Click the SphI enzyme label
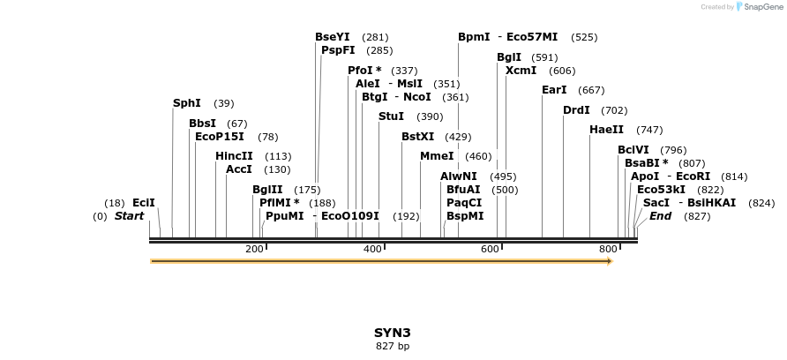click(187, 103)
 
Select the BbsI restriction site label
click(202, 124)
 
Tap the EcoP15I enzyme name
click(220, 137)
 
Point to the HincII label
click(234, 156)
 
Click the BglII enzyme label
click(267, 190)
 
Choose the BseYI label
click(333, 37)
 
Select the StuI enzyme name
click(392, 116)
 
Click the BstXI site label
click(418, 137)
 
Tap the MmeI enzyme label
click(437, 156)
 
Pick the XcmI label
click(521, 71)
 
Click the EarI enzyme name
click(554, 90)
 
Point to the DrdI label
click(576, 110)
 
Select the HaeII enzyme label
click(606, 130)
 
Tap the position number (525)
click(584, 38)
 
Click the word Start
click(129, 216)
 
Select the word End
click(661, 216)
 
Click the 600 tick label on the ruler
click(491, 250)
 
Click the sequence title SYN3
click(393, 333)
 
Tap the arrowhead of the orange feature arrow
click(609, 261)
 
